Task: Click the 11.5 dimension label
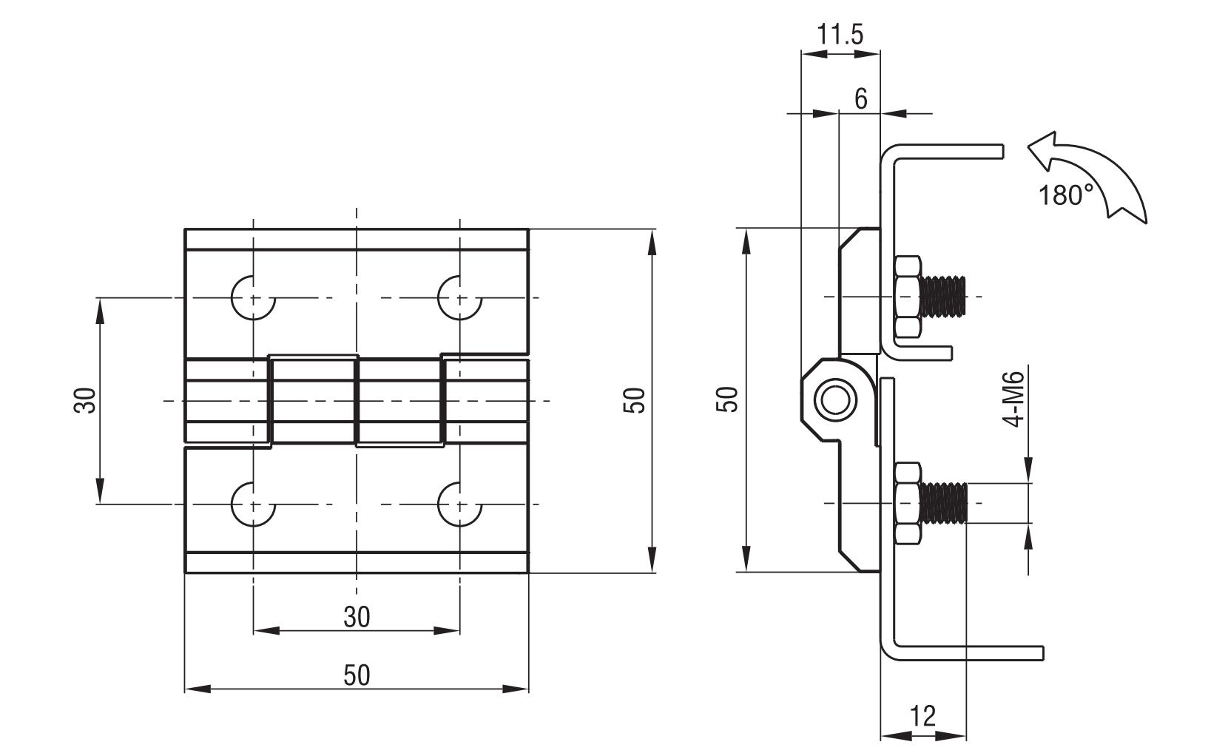click(x=840, y=35)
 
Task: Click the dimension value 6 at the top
click(x=860, y=98)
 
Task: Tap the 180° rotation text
click(x=1066, y=195)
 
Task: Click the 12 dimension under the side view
click(x=922, y=716)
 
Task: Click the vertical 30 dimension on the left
click(x=86, y=400)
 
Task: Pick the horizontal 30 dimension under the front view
click(x=357, y=616)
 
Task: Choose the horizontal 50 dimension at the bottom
click(x=357, y=675)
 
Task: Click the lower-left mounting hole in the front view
click(x=253, y=504)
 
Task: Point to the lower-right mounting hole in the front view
click(x=459, y=504)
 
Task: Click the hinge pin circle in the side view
click(x=835, y=400)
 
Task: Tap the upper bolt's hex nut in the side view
click(x=907, y=297)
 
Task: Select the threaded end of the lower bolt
click(x=944, y=503)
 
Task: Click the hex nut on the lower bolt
click(x=907, y=503)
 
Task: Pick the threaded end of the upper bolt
click(x=944, y=297)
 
